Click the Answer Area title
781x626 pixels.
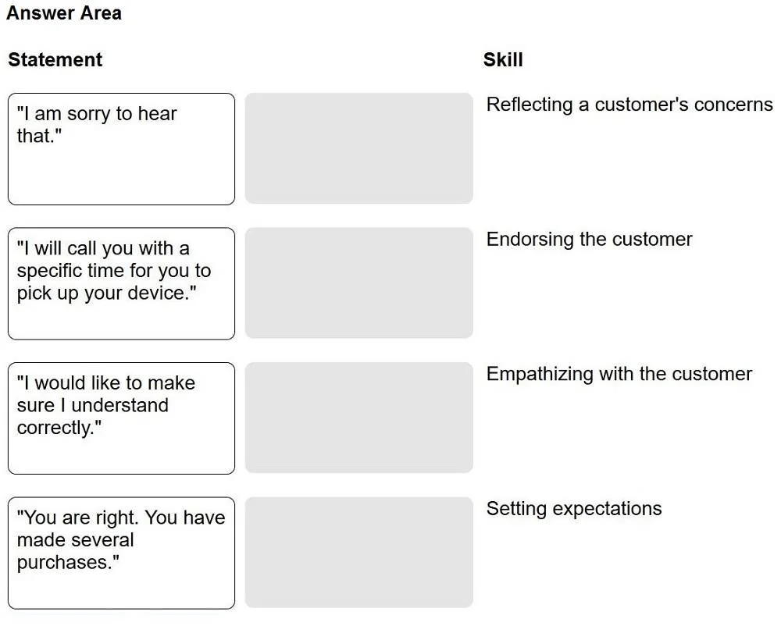(64, 13)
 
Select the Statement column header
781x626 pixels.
(55, 60)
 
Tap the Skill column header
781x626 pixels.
(503, 60)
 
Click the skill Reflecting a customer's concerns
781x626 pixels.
(629, 105)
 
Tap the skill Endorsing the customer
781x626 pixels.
(589, 240)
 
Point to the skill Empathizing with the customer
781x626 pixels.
(619, 374)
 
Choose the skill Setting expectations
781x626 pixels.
(574, 509)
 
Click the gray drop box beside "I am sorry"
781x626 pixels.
(358, 148)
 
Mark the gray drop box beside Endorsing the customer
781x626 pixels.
(358, 283)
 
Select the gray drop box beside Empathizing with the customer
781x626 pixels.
(358, 418)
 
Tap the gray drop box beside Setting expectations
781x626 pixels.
(358, 553)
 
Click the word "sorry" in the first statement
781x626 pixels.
(89, 115)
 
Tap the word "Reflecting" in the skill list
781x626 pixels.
(530, 105)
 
